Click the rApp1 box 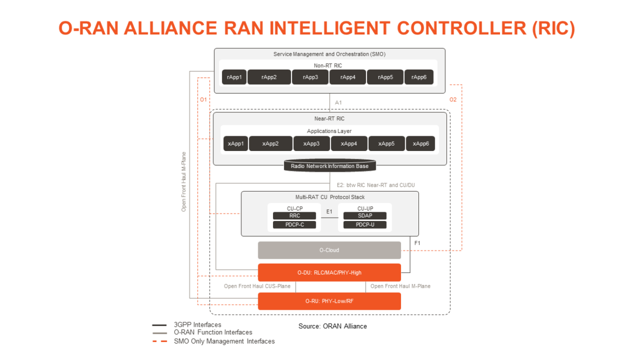click(234, 77)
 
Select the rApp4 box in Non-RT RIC click(348, 77)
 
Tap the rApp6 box click(418, 77)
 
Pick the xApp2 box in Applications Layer click(270, 143)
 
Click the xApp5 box click(386, 143)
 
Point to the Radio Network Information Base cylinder click(329, 166)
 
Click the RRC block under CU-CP click(294, 216)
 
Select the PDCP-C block click(294, 225)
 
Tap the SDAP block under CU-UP click(365, 216)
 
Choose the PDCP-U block click(365, 225)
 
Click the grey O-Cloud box click(329, 250)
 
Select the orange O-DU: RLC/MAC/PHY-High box click(329, 272)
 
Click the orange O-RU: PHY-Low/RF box click(329, 301)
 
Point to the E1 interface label click(329, 211)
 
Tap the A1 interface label click(339, 102)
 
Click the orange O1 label click(203, 100)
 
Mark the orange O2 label click(453, 100)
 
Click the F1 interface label click(417, 242)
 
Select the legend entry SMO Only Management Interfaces click(224, 341)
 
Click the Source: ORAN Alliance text click(333, 326)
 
